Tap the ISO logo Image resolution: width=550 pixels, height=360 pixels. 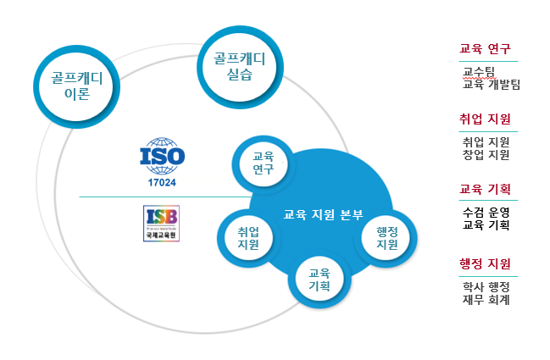pos(162,156)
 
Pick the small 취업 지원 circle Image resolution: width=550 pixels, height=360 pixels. pos(248,238)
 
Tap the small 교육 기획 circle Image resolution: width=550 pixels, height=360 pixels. pos(319,280)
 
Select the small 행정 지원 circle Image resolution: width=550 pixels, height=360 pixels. pos(386,238)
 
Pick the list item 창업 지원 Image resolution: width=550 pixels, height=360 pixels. pos(486,154)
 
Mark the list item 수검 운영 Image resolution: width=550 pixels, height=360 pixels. pos(486,212)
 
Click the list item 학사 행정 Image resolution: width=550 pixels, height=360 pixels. pos(486,286)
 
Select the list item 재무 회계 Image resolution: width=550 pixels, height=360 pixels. pos(486,299)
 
